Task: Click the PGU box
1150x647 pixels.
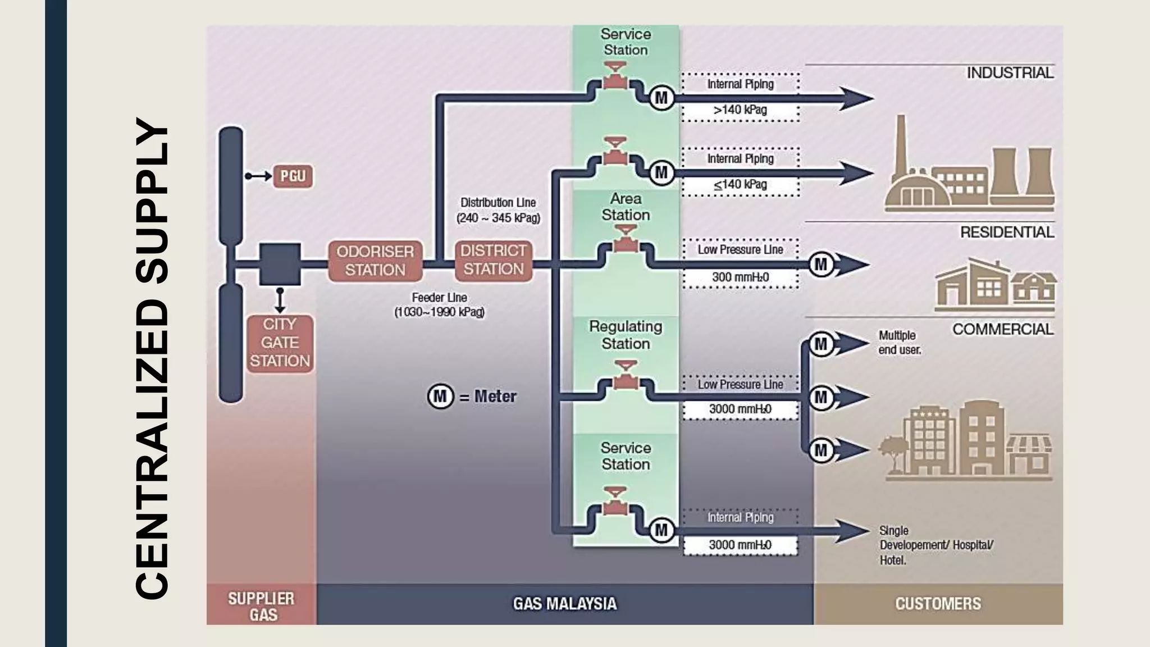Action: [x=293, y=176]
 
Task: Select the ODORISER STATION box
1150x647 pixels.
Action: [x=375, y=261]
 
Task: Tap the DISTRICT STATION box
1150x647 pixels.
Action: [x=493, y=260]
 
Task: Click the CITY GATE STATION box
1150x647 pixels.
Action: [x=280, y=343]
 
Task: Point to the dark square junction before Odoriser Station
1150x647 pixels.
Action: [x=280, y=264]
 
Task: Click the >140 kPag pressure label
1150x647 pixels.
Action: [x=740, y=110]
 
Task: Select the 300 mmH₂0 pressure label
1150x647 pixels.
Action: [x=740, y=277]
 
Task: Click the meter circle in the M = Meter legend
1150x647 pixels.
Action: [x=440, y=397]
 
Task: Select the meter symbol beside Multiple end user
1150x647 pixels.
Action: [x=821, y=344]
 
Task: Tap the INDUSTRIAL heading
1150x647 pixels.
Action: [x=1009, y=73]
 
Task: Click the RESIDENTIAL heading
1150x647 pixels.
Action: [x=1006, y=232]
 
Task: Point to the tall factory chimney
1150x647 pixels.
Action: [x=901, y=146]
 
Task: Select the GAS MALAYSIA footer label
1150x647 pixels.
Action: [x=564, y=604]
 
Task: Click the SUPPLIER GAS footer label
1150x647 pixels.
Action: [x=261, y=606]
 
